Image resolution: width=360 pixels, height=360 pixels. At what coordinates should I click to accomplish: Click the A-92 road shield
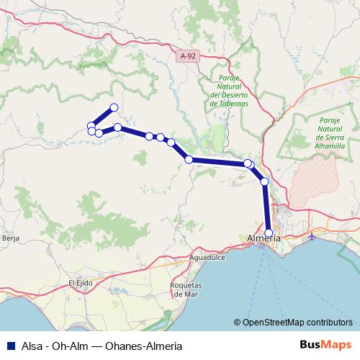tap(188, 55)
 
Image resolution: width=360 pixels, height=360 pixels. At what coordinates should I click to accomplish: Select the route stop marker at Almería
tap(269, 233)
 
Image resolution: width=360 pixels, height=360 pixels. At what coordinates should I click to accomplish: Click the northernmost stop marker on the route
tap(113, 108)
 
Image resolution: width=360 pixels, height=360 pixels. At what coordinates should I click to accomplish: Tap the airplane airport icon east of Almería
tap(312, 236)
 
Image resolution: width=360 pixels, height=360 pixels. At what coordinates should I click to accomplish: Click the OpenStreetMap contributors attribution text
tap(297, 323)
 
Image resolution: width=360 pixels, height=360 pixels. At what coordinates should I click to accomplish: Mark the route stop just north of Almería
tap(264, 181)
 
